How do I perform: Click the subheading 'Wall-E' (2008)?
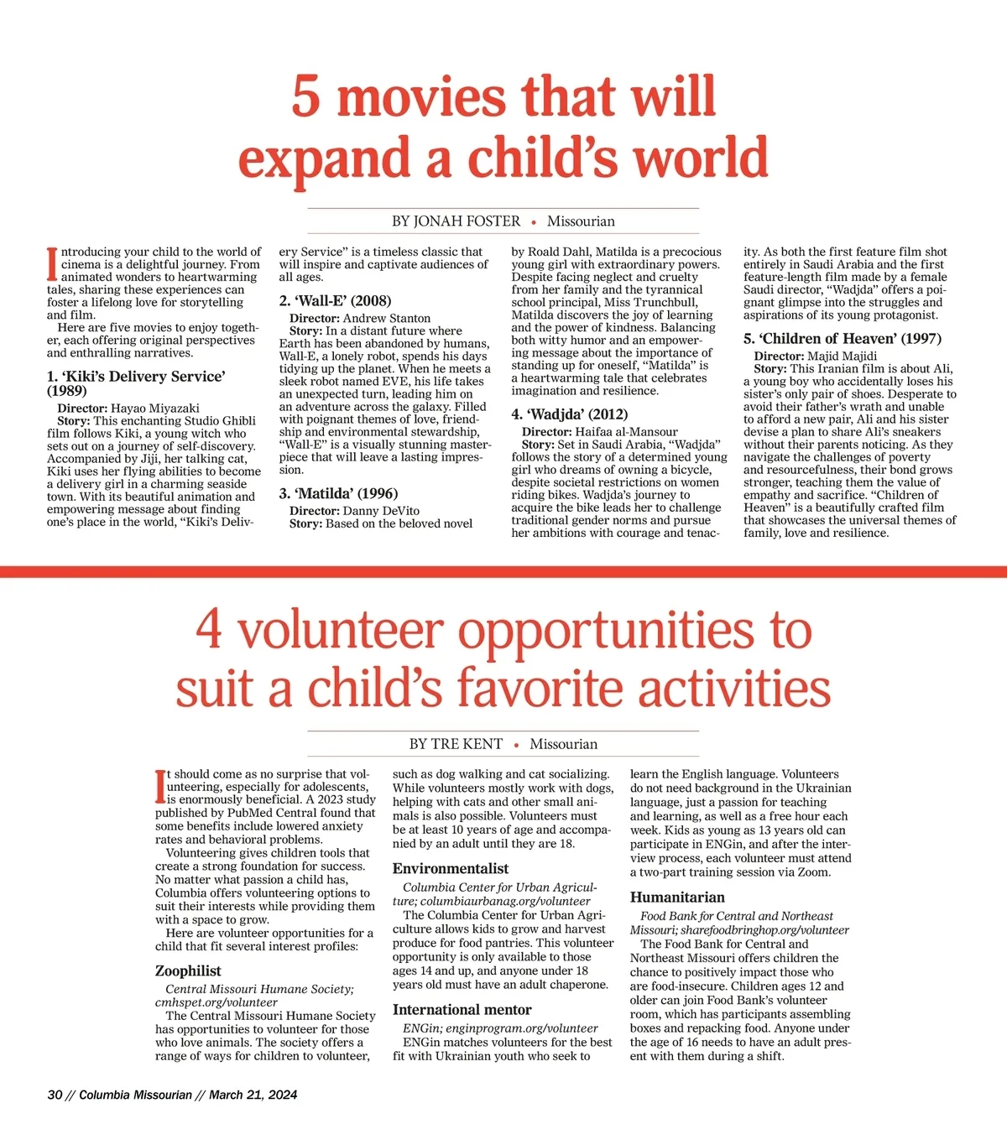(x=335, y=300)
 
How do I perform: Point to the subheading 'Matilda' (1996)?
(x=338, y=493)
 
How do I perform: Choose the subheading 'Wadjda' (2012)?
(x=570, y=414)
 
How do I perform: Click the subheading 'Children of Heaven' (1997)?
(x=842, y=339)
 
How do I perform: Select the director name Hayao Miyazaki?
(x=155, y=408)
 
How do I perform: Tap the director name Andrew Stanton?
(x=387, y=319)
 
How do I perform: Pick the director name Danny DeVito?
(x=381, y=511)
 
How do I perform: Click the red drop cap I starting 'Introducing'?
(x=52, y=263)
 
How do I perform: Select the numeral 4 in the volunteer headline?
(x=209, y=631)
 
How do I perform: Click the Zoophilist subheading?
(x=188, y=970)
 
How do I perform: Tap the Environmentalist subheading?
(x=450, y=868)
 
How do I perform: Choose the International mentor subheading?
(x=462, y=1010)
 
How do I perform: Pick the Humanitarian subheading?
(x=677, y=897)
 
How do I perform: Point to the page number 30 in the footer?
(x=55, y=1095)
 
